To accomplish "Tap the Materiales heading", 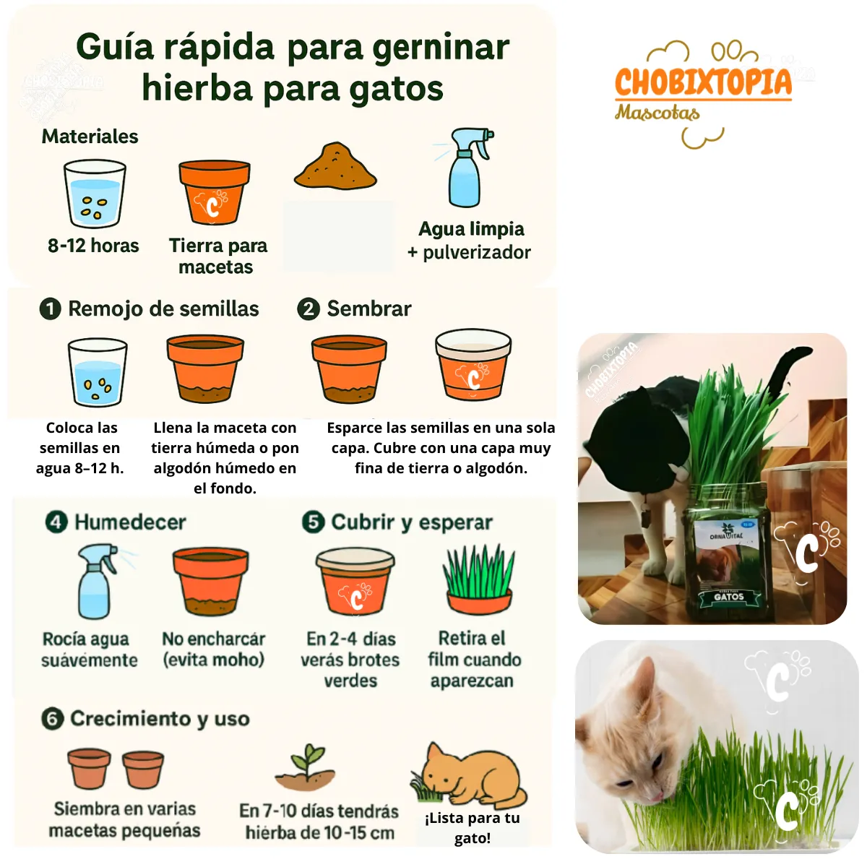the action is click(x=90, y=137).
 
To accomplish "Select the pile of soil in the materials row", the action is click(x=335, y=165).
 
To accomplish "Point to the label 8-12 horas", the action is click(x=93, y=246).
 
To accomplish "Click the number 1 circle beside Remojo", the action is click(x=50, y=309).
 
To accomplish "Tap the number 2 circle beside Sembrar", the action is click(x=309, y=309).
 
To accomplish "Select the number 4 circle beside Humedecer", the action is click(x=56, y=522).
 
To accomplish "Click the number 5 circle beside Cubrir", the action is click(x=313, y=522).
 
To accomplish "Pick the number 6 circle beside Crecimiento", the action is click(x=52, y=718).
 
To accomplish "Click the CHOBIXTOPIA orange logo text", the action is click(x=703, y=82).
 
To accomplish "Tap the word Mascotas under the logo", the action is click(x=657, y=113).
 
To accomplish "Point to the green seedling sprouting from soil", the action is click(x=306, y=769).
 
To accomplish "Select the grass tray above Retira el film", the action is click(x=479, y=579).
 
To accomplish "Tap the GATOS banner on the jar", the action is click(x=729, y=597).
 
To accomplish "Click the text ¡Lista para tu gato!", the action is click(x=473, y=828).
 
